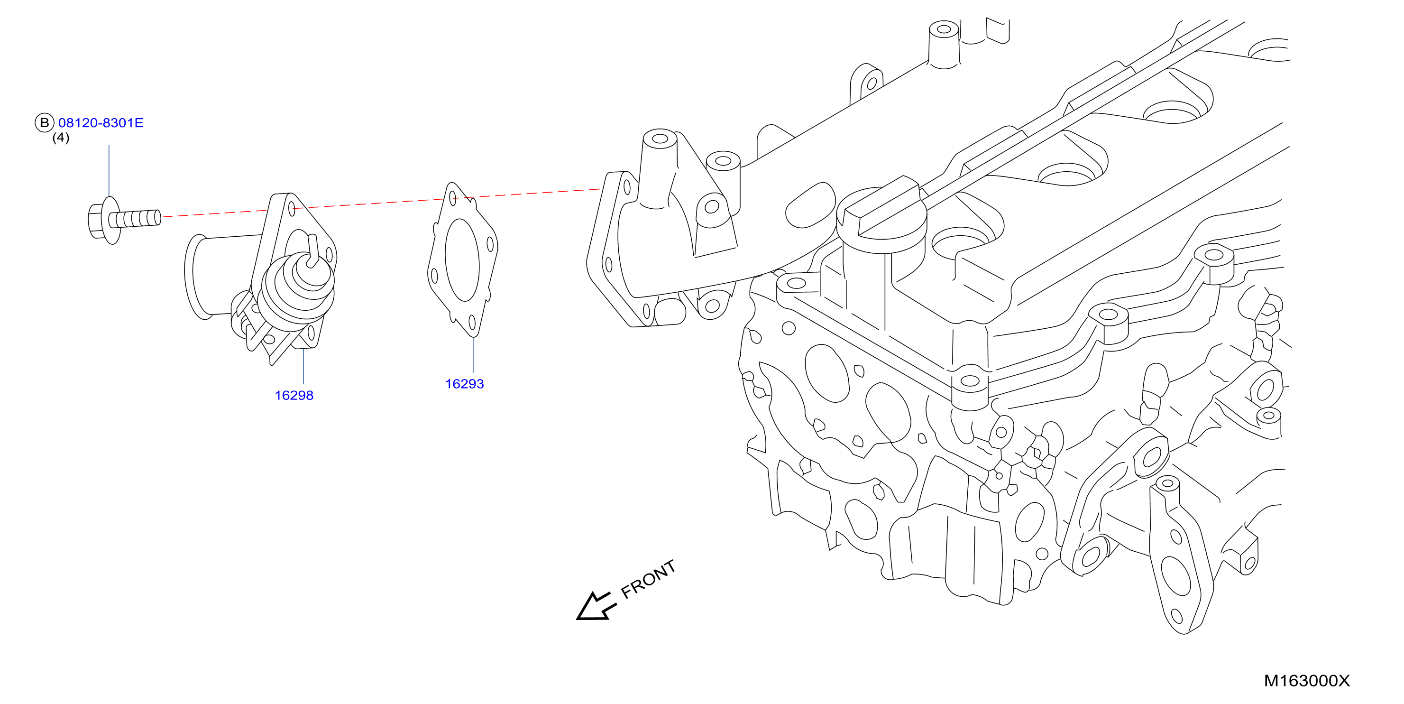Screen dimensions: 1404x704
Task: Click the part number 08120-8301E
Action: point(101,123)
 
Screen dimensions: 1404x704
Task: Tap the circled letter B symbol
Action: point(45,123)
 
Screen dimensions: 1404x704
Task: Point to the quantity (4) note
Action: point(61,138)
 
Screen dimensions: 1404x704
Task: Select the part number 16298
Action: point(294,395)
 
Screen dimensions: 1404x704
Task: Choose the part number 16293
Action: point(464,384)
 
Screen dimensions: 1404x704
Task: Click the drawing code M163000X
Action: point(1306,681)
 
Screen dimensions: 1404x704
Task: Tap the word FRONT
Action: point(649,579)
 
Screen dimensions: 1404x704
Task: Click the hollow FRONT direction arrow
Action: point(596,606)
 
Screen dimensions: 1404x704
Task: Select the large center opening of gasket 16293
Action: point(462,259)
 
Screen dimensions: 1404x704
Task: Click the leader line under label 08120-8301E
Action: point(109,171)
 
